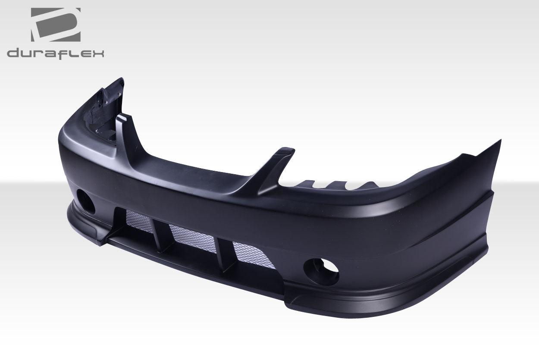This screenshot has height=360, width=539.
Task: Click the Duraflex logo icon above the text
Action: click(55, 25)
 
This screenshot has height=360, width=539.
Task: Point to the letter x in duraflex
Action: click(98, 53)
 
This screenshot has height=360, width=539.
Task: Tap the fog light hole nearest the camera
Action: click(321, 271)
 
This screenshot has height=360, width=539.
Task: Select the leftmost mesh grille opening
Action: click(139, 222)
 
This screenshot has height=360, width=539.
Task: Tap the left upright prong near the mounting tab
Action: click(123, 129)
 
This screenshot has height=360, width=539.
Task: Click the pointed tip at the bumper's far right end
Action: click(499, 142)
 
